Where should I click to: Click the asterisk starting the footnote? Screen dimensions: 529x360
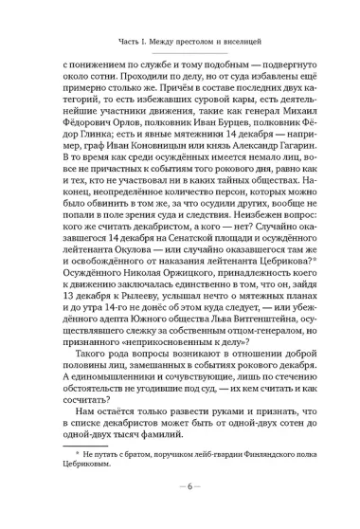click(66, 482)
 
